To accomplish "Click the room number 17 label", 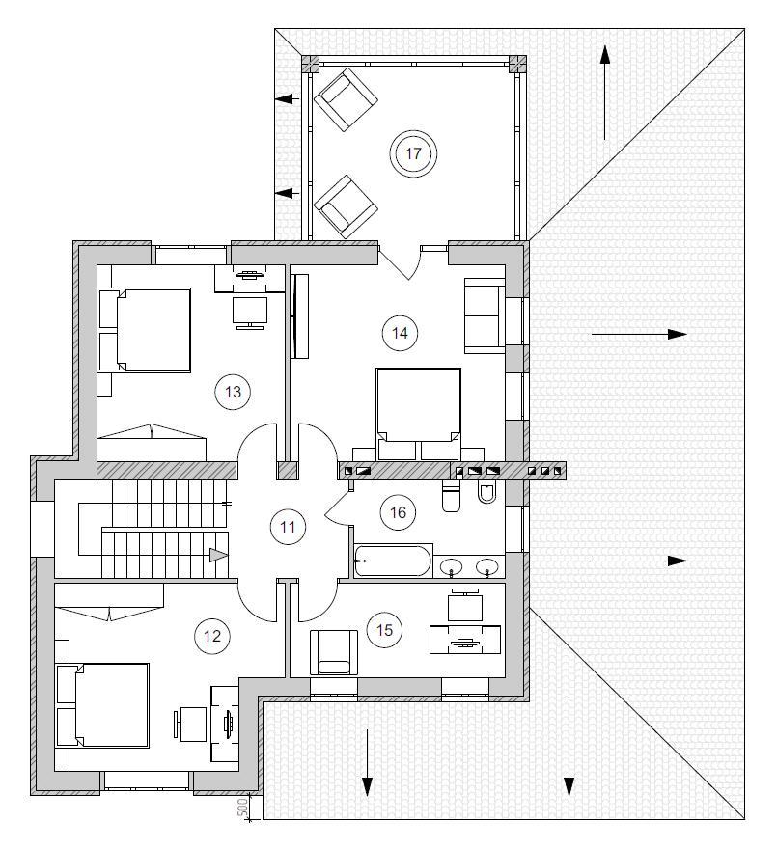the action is click(x=413, y=153).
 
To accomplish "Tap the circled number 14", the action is click(x=400, y=333).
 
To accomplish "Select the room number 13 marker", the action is click(x=233, y=392).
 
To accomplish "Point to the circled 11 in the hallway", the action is click(x=288, y=527).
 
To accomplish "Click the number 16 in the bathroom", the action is click(x=398, y=512).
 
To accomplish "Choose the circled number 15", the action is click(x=384, y=630).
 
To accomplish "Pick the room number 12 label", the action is click(x=212, y=636).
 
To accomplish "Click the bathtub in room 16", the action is click(x=393, y=561).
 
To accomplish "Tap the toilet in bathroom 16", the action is click(x=451, y=498).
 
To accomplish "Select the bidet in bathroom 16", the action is click(x=486, y=493).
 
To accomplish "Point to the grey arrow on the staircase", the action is click(x=218, y=555).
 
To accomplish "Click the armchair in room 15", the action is click(x=334, y=652).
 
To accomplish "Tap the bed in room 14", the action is click(x=418, y=414).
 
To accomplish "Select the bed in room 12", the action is click(x=103, y=705).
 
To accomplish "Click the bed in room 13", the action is click(x=145, y=330).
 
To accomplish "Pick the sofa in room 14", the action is click(x=485, y=315).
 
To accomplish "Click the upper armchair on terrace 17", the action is click(x=346, y=99).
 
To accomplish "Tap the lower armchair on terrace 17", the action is click(x=346, y=206).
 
